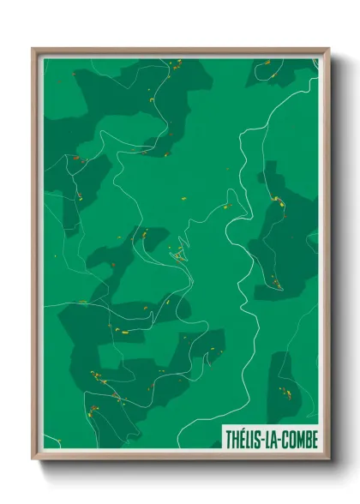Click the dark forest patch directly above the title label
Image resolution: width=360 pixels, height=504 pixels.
(285, 386)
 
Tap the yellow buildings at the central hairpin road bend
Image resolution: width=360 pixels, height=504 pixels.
(177, 254)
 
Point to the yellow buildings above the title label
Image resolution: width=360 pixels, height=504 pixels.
(285, 393)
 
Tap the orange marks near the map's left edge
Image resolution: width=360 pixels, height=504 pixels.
(76, 159)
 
